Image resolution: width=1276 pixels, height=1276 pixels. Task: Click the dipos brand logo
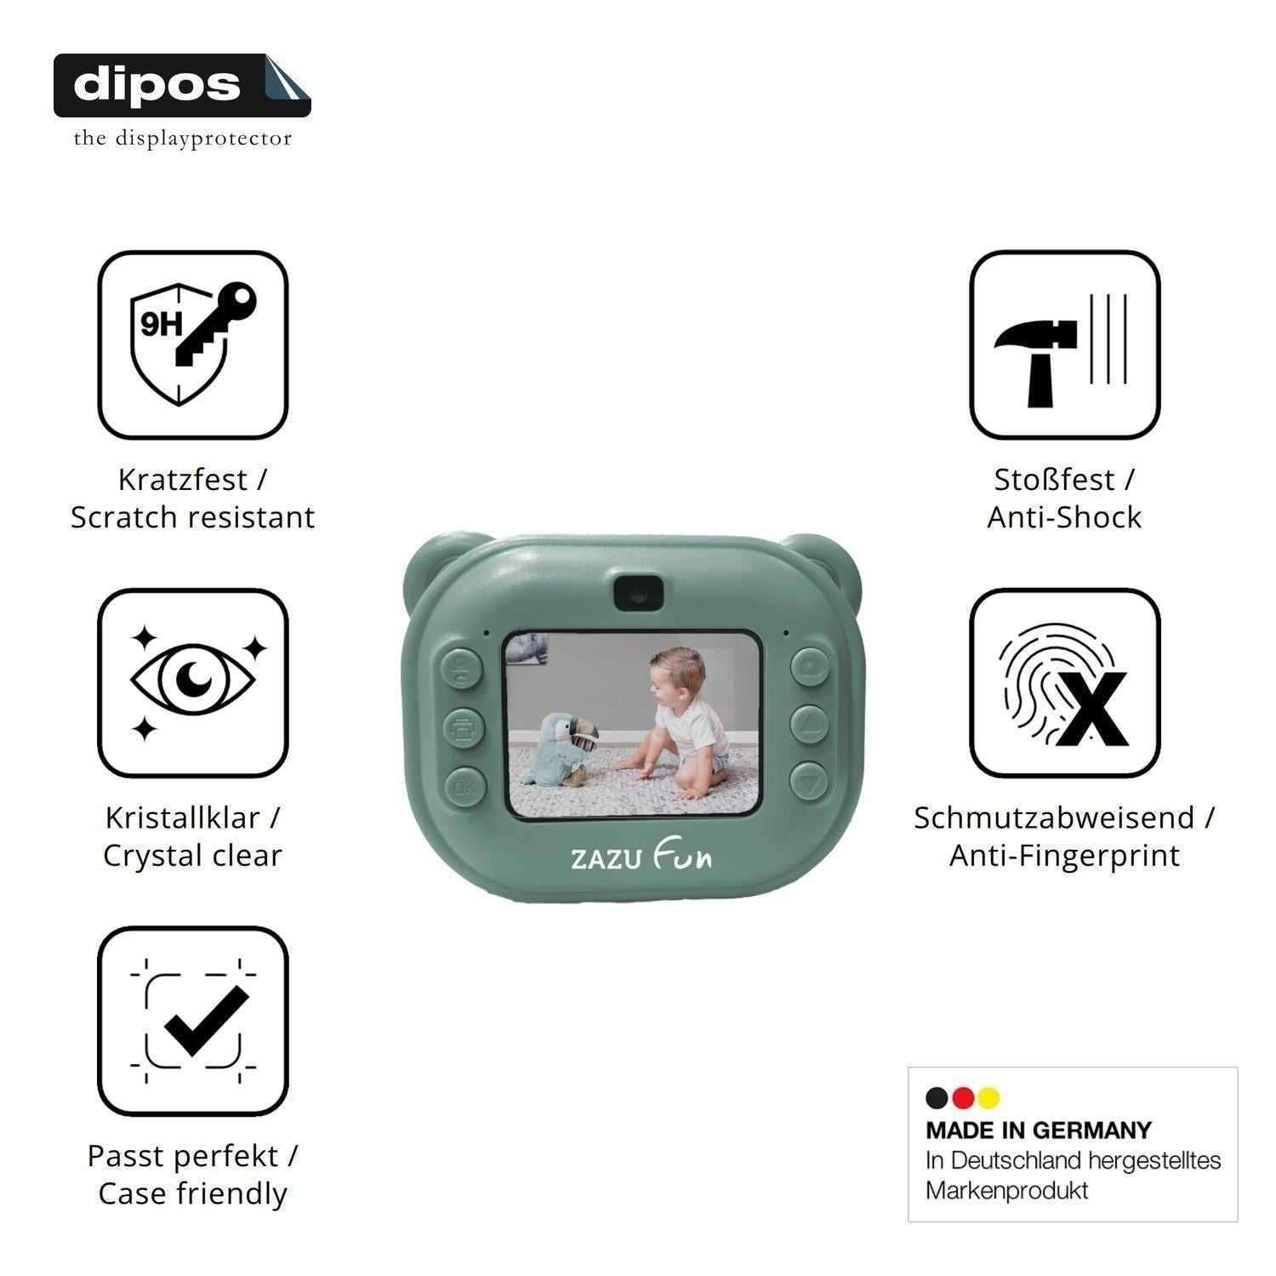182,85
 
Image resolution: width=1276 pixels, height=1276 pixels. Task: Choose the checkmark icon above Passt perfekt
193,1021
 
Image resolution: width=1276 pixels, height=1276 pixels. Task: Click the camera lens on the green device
638,592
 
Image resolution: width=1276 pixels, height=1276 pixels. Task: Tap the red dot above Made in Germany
963,1098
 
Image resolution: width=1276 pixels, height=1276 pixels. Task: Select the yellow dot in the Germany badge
988,1098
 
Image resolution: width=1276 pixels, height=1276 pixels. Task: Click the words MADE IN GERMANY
1039,1131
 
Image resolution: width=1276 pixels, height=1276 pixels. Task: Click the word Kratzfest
182,480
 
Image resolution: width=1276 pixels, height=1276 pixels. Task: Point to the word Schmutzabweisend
1054,818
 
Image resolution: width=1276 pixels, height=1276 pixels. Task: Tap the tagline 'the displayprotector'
182,138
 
